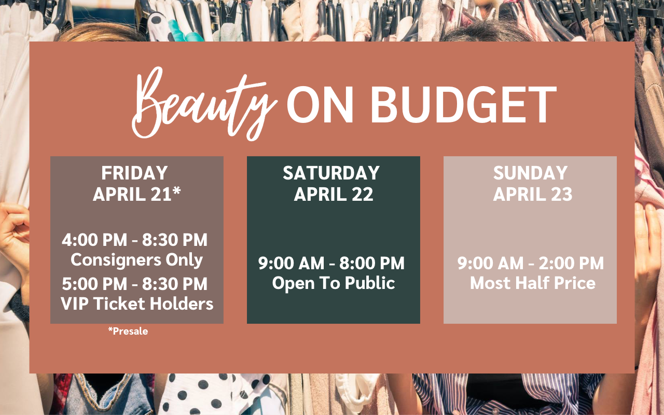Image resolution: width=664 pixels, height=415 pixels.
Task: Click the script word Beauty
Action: [x=204, y=104]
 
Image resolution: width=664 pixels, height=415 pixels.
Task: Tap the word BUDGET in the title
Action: [x=463, y=105]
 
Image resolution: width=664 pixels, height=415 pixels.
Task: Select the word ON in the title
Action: [x=320, y=105]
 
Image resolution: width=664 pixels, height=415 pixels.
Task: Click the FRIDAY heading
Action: [x=134, y=173]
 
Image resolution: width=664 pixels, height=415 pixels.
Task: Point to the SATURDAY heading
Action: [x=331, y=173]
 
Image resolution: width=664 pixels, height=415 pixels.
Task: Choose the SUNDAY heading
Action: [x=530, y=173]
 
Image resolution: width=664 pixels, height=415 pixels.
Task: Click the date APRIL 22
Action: [x=334, y=195]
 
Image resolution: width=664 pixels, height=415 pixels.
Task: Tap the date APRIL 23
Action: [x=533, y=195]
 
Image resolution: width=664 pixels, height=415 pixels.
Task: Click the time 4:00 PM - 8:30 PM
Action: [x=134, y=240]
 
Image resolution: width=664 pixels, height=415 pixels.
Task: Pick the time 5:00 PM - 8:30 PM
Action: [x=134, y=284]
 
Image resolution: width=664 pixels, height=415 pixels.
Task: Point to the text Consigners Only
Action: [x=136, y=260]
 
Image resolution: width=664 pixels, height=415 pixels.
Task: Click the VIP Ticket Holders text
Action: [x=137, y=303]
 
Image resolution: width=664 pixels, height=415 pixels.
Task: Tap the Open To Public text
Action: [x=334, y=283]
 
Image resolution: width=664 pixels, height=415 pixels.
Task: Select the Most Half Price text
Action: [x=533, y=283]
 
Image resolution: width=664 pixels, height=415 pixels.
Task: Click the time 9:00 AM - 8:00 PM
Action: [x=331, y=263]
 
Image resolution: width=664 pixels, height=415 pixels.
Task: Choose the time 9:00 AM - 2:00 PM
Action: [x=530, y=263]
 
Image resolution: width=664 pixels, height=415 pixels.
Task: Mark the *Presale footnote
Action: [x=128, y=331]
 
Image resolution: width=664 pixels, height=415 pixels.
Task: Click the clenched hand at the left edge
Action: [x=14, y=234]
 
